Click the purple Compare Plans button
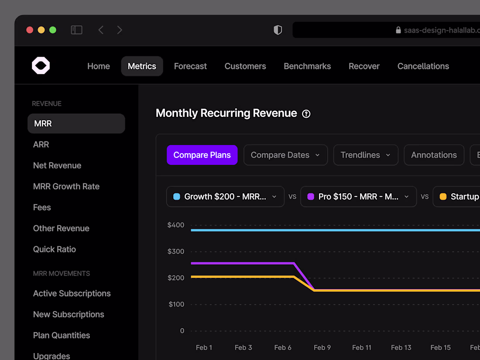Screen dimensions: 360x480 click(x=202, y=155)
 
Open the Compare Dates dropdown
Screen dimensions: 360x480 click(x=285, y=155)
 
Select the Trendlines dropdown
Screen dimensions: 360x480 click(x=366, y=155)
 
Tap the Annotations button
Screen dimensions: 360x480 click(x=434, y=155)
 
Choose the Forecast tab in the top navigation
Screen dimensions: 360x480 click(x=190, y=66)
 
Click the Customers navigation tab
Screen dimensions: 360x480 click(x=245, y=66)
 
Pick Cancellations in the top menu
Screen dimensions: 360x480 click(x=423, y=66)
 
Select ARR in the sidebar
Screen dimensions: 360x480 click(x=41, y=144)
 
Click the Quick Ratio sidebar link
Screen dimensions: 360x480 click(x=55, y=249)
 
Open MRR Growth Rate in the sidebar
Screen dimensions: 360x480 click(x=66, y=186)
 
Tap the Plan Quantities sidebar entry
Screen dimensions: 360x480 click(x=62, y=335)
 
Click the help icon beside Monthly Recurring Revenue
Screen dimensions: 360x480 click(x=306, y=114)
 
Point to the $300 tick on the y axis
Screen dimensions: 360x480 click(x=176, y=251)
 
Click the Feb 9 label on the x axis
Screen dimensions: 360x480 click(x=322, y=347)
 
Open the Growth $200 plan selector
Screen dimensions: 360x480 click(x=225, y=197)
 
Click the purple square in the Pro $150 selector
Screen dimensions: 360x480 click(x=311, y=197)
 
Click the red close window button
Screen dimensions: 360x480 click(x=30, y=30)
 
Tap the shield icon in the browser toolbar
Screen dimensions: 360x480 click(x=278, y=30)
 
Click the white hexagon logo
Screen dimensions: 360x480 click(x=41, y=66)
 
